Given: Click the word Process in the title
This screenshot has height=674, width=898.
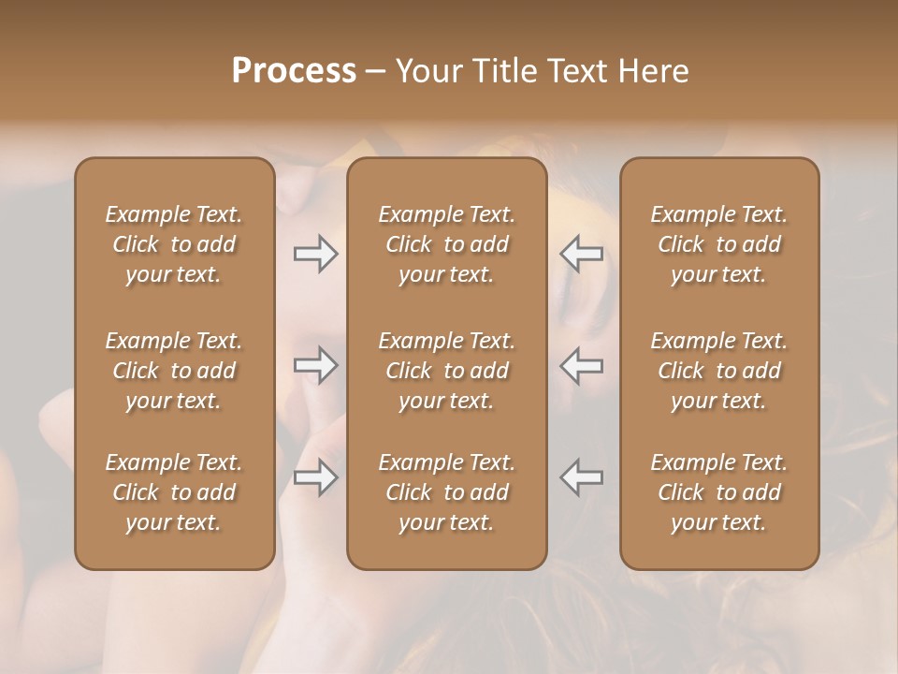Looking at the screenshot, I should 294,70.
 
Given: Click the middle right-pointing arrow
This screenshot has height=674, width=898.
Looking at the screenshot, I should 315,365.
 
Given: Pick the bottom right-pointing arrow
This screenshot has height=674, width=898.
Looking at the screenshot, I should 315,477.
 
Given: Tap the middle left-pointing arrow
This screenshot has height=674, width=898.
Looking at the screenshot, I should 581,365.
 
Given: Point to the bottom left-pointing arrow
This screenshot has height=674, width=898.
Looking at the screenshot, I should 581,477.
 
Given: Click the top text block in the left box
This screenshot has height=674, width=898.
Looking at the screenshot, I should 174,244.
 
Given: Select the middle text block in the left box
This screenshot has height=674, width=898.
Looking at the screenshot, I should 174,371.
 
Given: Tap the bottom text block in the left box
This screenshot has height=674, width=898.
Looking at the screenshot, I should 174,492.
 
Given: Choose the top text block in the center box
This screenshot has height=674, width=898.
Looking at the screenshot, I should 446,244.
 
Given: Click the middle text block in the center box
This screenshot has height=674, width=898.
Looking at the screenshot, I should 446,371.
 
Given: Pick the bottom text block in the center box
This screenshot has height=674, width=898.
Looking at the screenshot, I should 446,492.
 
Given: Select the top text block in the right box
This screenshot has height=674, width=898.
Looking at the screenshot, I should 718,244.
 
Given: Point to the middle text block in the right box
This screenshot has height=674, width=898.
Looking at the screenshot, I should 718,371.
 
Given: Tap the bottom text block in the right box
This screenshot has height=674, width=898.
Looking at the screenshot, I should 718,492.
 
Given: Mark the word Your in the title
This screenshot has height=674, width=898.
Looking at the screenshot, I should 427,70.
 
